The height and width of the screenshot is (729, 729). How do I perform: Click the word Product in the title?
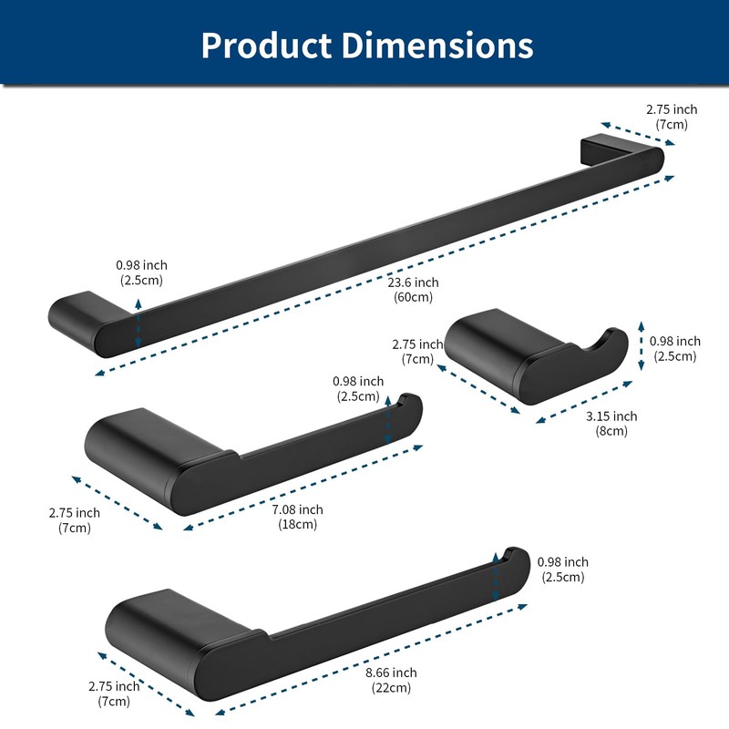pos(266,45)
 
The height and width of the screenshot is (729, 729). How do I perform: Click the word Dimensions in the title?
pos(437,45)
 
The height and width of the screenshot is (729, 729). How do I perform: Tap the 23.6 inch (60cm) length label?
pos(414,289)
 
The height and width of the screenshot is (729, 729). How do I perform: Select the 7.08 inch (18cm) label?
pos(298,517)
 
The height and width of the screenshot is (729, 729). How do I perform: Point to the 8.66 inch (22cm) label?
pos(391,680)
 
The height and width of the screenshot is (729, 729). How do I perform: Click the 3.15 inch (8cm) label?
pos(611,423)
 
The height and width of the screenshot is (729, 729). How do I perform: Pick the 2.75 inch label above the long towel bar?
pos(672,117)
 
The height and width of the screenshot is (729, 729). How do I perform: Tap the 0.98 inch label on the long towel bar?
pos(141,272)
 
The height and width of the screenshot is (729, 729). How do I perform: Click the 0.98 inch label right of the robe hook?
pos(675,348)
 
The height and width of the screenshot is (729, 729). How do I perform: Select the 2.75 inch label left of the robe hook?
pos(417,352)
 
